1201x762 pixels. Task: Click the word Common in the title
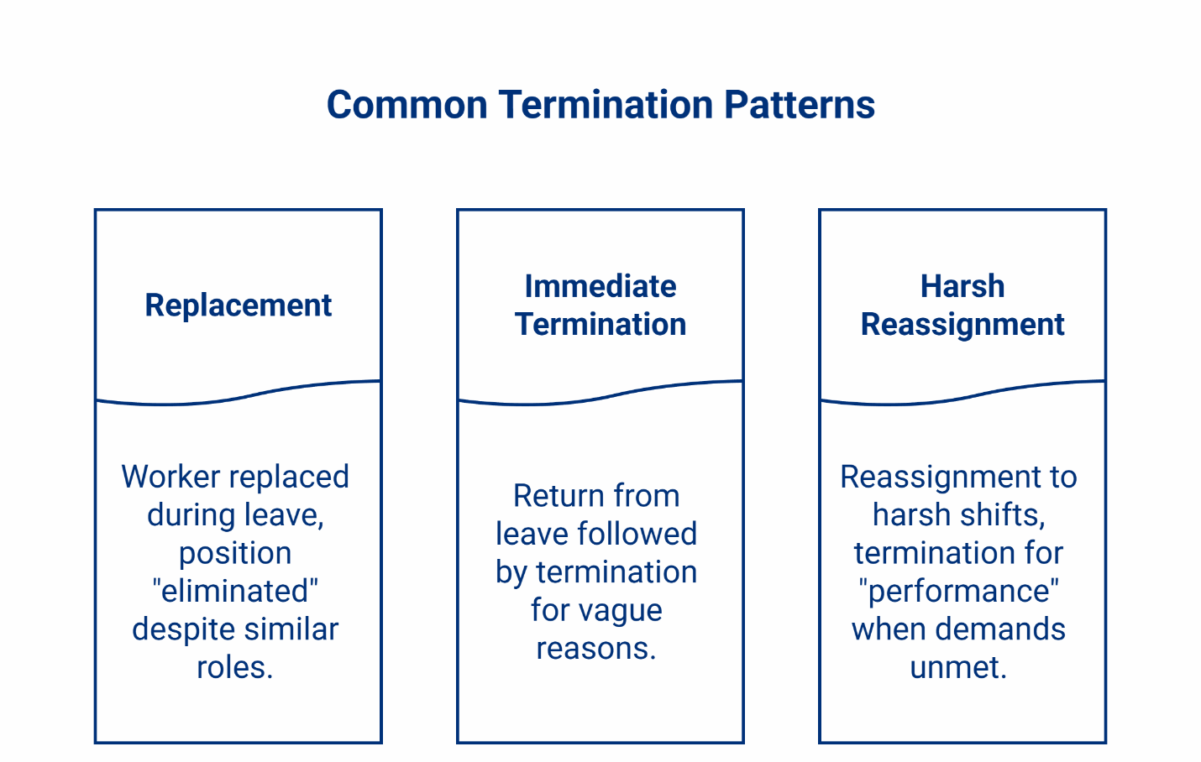point(406,105)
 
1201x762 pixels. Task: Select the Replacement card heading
point(238,305)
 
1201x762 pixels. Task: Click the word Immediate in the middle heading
point(600,286)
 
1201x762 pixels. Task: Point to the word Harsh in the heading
point(962,286)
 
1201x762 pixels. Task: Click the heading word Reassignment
point(962,325)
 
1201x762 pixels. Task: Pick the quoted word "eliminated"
point(235,591)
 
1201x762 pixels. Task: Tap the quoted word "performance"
point(958,591)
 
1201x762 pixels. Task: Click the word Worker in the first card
point(170,477)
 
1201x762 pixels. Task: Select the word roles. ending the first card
point(235,667)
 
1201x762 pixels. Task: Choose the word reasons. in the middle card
point(595,649)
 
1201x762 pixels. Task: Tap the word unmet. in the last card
point(958,667)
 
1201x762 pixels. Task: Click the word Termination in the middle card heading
point(600,325)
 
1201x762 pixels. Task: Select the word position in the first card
point(235,553)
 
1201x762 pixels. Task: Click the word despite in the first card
point(181,629)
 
